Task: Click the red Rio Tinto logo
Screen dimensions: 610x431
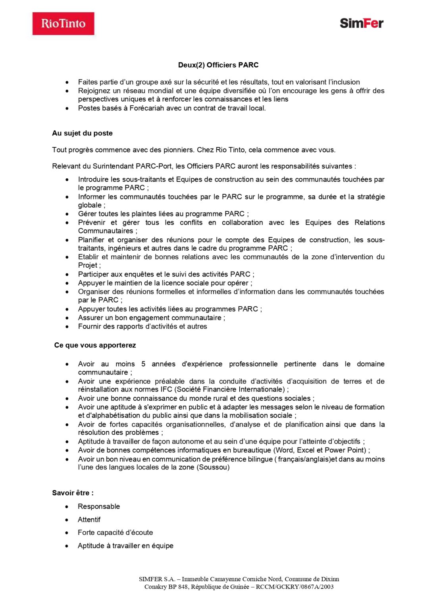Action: coord(63,23)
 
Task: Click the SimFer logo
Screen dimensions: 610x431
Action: coord(361,23)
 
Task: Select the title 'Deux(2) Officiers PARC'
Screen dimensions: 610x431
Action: coord(218,65)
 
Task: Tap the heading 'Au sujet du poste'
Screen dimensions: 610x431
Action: coord(82,133)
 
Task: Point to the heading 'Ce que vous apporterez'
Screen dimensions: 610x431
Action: coord(95,346)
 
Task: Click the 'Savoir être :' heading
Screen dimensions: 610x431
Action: coord(73,493)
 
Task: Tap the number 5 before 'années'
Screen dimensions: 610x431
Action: coord(143,364)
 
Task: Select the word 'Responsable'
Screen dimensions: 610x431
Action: coord(99,507)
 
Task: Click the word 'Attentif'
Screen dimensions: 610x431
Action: coord(89,520)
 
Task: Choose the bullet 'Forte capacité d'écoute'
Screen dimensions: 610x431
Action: coord(115,533)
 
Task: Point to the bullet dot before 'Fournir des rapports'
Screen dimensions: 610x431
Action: coord(67,327)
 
